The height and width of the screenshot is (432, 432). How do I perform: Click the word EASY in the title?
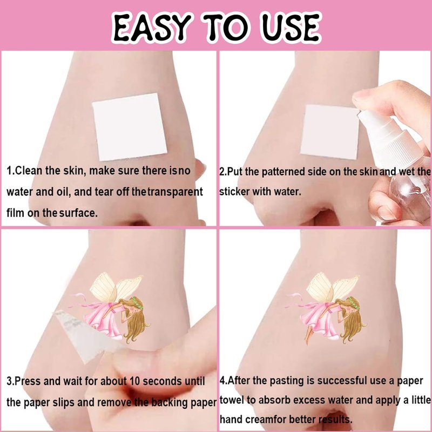point(152,27)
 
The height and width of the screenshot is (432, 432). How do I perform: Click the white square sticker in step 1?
point(130,127)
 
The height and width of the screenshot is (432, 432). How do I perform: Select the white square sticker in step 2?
point(329,132)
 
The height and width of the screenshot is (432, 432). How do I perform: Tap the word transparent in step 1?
point(175,192)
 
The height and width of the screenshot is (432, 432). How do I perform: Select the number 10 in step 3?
point(134,381)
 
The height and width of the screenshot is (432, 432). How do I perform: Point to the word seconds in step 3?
point(163,381)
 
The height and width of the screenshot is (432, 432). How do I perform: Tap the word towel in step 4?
point(232,400)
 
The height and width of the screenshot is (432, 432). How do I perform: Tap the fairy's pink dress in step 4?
point(320,320)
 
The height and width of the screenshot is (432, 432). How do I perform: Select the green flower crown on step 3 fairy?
point(138,303)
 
